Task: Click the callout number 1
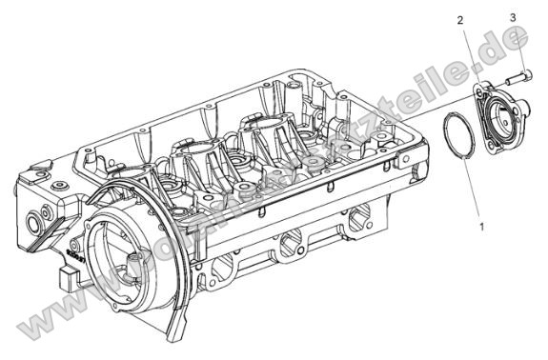(482, 228)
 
